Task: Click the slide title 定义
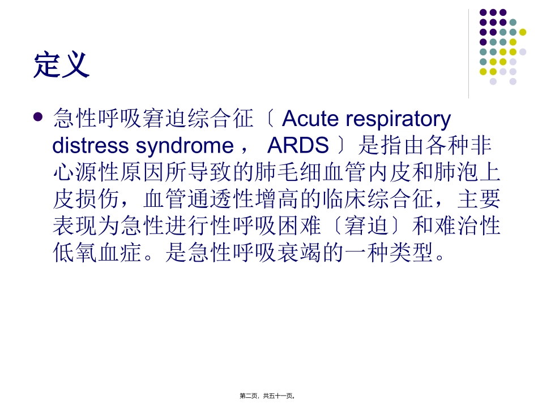coord(62,64)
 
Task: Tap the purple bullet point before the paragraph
coord(38,118)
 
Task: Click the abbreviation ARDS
coord(298,146)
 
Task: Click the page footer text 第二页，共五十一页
coord(268,396)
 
